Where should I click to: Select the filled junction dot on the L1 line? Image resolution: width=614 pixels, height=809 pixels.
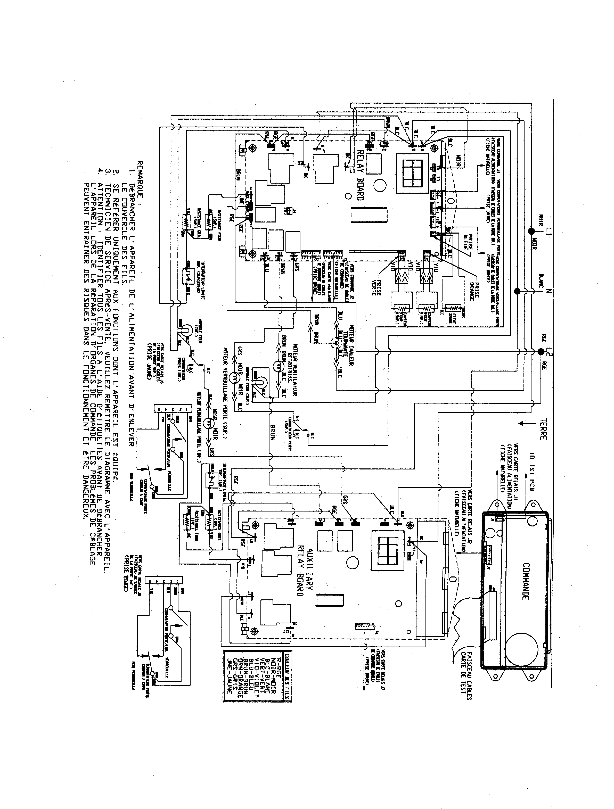tap(530, 232)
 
